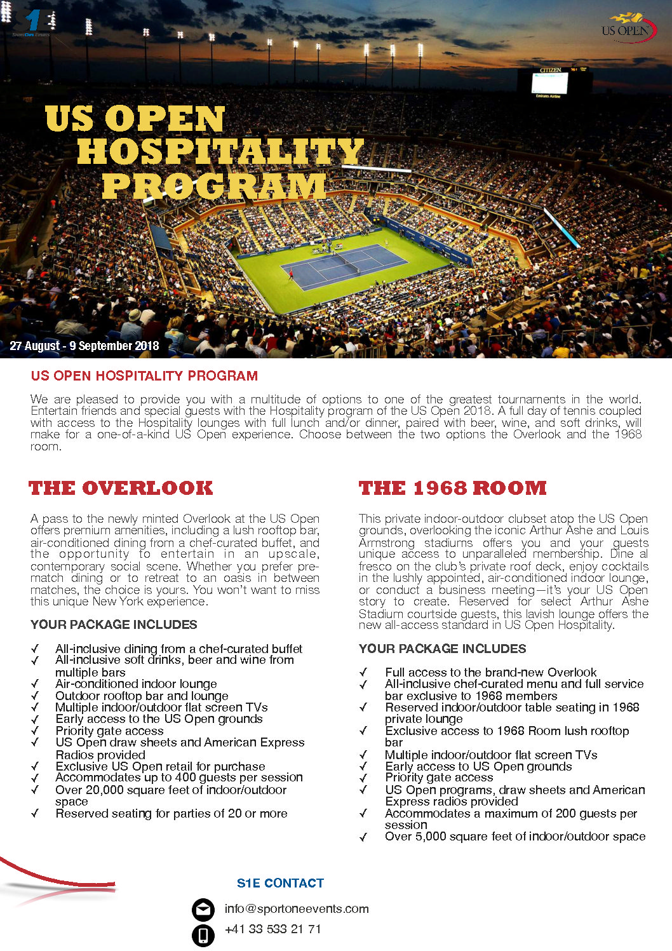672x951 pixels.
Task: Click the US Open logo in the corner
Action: [x=628, y=28]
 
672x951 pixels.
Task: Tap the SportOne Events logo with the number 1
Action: [x=32, y=23]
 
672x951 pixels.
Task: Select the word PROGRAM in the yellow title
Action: [x=214, y=187]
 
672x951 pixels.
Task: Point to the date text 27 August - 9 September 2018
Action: [x=84, y=346]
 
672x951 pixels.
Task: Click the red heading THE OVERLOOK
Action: [x=121, y=488]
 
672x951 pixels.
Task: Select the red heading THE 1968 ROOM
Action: [x=452, y=488]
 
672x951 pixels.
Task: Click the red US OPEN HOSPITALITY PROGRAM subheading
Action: [x=144, y=375]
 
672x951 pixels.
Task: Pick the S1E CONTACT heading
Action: [x=280, y=883]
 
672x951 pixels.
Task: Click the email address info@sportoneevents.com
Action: [x=297, y=908]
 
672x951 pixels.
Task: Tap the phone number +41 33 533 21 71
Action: [x=273, y=929]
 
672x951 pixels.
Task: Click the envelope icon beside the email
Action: [x=203, y=910]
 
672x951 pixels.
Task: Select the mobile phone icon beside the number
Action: [x=203, y=935]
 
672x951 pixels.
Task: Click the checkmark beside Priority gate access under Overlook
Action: [x=35, y=731]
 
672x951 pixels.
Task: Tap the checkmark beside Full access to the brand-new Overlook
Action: [x=364, y=673]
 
